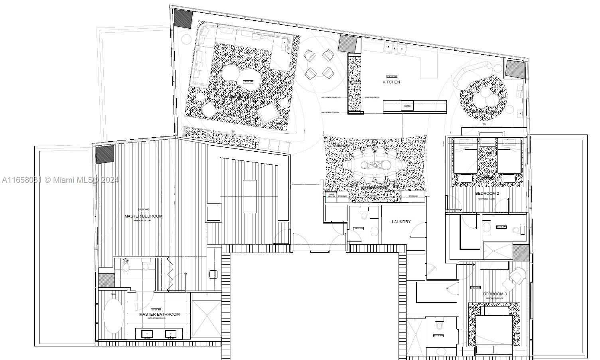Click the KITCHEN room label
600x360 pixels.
(391, 82)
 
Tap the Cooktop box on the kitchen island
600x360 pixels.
(407, 106)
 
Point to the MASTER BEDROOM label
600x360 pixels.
(143, 216)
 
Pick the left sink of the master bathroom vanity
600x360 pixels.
(147, 334)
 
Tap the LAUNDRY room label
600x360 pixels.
(401, 222)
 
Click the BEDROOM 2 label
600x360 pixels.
(487, 194)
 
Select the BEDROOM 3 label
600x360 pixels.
(495, 294)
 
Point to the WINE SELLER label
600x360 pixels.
(331, 196)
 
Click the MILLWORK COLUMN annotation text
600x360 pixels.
(330, 113)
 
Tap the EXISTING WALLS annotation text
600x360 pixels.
(371, 98)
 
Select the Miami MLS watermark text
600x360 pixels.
(60, 180)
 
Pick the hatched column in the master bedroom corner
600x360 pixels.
(105, 154)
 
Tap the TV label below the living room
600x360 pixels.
(233, 131)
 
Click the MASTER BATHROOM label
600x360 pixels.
(159, 315)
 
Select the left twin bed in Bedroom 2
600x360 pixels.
(465, 158)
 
